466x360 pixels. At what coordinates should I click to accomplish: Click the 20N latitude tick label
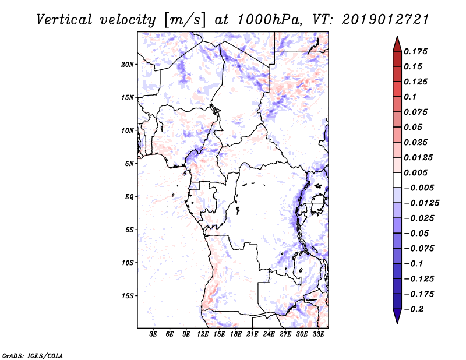click(128, 64)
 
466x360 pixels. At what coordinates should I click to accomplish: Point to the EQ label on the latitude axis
click(129, 196)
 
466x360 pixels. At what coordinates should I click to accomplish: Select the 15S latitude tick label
click(128, 295)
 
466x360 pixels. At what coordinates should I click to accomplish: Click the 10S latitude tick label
click(128, 263)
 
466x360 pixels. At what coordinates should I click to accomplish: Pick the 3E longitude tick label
click(154, 335)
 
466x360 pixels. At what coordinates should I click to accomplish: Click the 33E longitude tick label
click(318, 335)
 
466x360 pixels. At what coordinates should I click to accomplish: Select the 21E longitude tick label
click(252, 335)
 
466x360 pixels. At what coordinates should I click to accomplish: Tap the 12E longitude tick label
click(203, 335)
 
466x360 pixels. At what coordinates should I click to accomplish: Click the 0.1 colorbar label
click(411, 97)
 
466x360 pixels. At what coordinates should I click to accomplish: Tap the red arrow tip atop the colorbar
click(397, 41)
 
